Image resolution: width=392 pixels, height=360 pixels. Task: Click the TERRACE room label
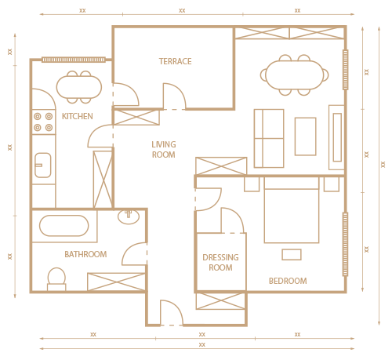pyautogui.click(x=176, y=61)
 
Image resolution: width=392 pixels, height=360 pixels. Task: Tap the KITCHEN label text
pyautogui.click(x=78, y=116)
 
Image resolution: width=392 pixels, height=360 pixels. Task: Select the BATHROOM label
pyautogui.click(x=85, y=254)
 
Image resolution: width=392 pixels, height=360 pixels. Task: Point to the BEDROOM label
pyautogui.click(x=288, y=281)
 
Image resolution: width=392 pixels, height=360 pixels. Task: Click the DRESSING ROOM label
pyautogui.click(x=220, y=263)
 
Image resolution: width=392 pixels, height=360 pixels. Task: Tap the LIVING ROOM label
pyautogui.click(x=164, y=150)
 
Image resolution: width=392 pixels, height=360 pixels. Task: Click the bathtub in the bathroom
pyautogui.click(x=64, y=226)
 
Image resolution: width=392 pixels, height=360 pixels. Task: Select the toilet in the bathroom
pyautogui.click(x=56, y=279)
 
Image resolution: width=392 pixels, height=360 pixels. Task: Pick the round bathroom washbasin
pyautogui.click(x=129, y=216)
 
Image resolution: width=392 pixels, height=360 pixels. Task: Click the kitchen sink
pyautogui.click(x=43, y=165)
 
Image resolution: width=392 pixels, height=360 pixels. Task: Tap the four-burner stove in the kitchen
pyautogui.click(x=43, y=122)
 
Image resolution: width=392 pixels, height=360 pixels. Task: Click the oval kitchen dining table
pyautogui.click(x=79, y=87)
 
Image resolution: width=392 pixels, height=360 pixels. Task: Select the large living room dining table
pyautogui.click(x=295, y=75)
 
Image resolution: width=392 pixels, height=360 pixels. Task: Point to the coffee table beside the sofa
pyautogui.click(x=306, y=136)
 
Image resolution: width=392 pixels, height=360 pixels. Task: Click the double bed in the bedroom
pyautogui.click(x=292, y=210)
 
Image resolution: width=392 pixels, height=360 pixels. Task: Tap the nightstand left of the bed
pyautogui.click(x=252, y=184)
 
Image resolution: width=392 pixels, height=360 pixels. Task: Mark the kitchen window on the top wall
pyautogui.click(x=74, y=60)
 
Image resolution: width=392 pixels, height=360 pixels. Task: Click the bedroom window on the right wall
pyautogui.click(x=345, y=244)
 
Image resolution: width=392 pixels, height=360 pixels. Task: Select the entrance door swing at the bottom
pyautogui.click(x=172, y=313)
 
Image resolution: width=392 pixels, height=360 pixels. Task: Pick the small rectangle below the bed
pyautogui.click(x=292, y=255)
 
